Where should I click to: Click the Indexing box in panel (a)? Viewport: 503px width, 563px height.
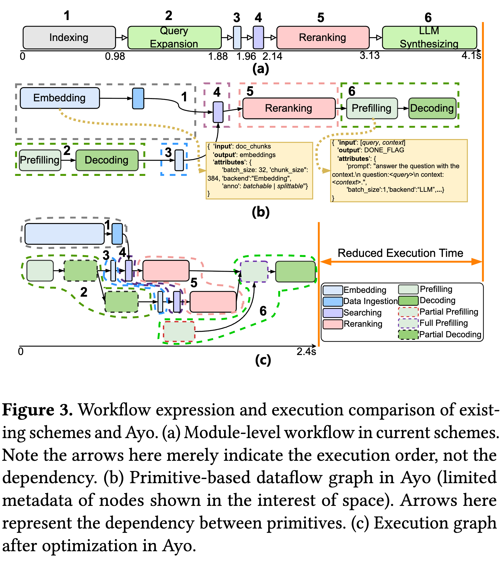[69, 37]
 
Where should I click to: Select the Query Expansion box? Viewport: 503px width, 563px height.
[174, 37]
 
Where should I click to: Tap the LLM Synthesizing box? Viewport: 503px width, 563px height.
[429, 37]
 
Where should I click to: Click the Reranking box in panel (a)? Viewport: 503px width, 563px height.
[322, 37]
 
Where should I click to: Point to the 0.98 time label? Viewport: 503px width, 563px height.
[115, 56]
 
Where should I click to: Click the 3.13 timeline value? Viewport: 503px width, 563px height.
[370, 55]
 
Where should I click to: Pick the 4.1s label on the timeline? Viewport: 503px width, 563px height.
[471, 55]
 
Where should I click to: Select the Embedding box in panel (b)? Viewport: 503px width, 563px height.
[60, 98]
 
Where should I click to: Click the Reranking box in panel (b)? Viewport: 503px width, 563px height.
[289, 108]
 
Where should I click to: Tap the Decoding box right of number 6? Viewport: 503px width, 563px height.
[432, 108]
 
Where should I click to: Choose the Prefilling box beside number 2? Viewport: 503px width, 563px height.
[40, 160]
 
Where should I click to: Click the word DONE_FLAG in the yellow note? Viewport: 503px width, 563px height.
[384, 150]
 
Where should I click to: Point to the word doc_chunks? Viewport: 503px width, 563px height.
[253, 146]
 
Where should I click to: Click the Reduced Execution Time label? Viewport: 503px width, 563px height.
[400, 253]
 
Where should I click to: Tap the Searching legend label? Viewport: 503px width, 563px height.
[363, 313]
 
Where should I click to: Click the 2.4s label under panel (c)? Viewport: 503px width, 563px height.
[306, 351]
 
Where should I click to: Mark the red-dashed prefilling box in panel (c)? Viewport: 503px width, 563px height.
[179, 331]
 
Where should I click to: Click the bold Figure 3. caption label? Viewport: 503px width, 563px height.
[37, 410]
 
